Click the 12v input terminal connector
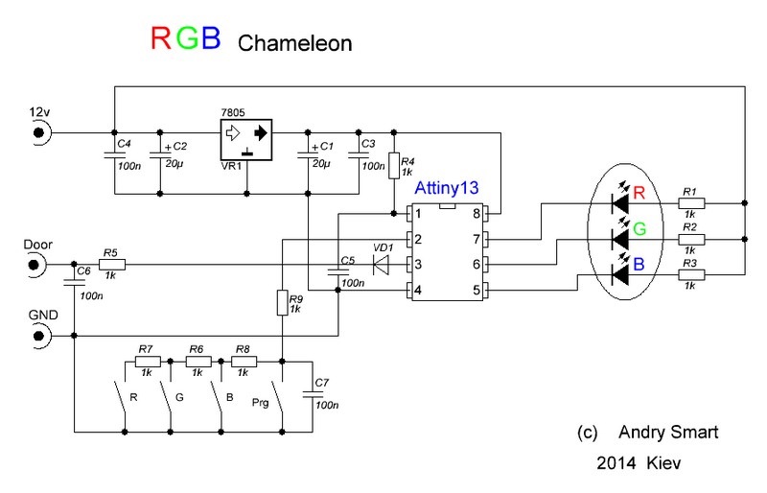click(40, 132)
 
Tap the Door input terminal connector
click(40, 263)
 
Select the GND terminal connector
click(40, 336)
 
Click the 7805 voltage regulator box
click(245, 140)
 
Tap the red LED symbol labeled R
click(620, 203)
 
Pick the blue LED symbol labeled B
click(620, 276)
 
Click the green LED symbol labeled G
click(620, 239)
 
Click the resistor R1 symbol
click(690, 203)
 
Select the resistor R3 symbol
click(690, 277)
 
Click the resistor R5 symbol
click(110, 263)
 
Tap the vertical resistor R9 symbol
click(283, 303)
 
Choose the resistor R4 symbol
click(392, 165)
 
